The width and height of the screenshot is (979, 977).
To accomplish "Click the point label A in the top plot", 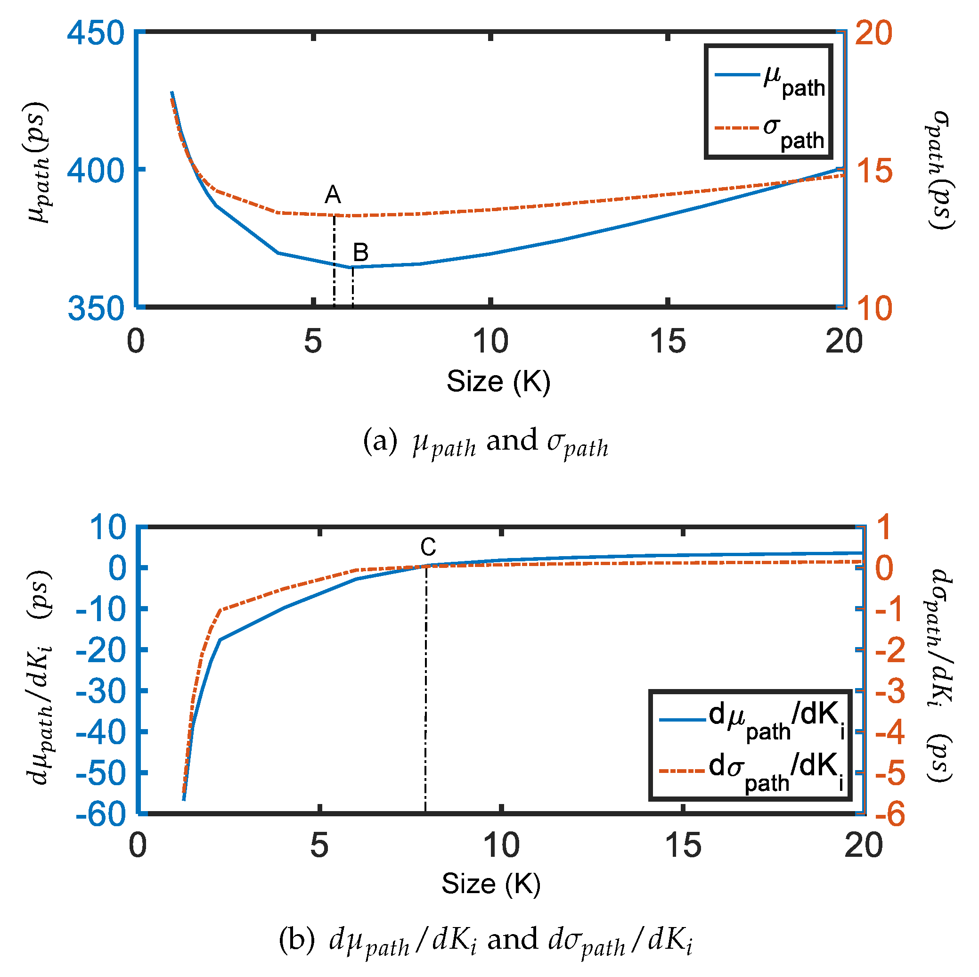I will (x=333, y=195).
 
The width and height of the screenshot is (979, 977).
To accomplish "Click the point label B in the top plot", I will (x=360, y=252).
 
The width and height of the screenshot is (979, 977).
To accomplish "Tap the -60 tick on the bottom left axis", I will (x=100, y=815).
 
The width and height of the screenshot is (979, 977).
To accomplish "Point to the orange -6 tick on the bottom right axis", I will (x=889, y=815).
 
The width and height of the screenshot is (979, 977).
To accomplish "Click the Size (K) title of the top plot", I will (x=498, y=381).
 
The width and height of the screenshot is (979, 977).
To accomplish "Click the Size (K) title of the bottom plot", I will (x=490, y=884).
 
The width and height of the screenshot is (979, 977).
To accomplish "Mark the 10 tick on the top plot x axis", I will (x=490, y=341).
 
